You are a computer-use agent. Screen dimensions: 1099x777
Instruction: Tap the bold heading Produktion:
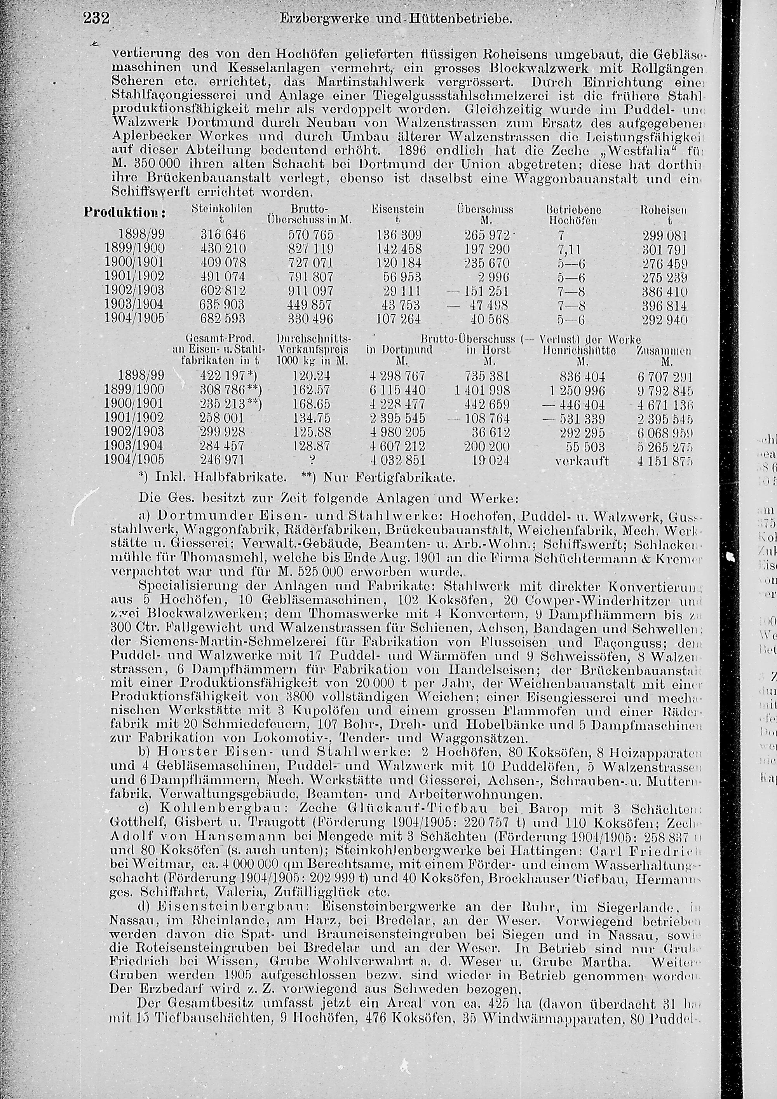(124, 213)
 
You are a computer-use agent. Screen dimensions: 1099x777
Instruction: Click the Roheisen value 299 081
(665, 236)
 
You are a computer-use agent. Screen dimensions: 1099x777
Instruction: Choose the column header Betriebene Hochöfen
(572, 215)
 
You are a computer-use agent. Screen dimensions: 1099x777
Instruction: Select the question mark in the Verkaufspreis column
(312, 460)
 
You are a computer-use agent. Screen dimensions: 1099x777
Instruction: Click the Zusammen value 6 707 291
(665, 376)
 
